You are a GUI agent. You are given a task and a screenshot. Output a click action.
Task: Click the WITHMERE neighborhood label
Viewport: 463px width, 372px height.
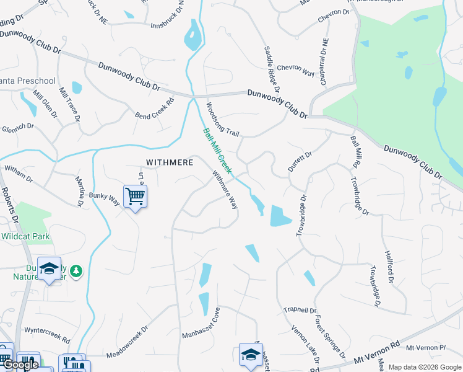(x=170, y=162)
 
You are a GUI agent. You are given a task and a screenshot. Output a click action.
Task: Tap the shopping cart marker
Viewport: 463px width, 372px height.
(x=135, y=197)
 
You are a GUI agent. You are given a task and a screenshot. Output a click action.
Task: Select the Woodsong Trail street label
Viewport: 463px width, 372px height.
(x=222, y=120)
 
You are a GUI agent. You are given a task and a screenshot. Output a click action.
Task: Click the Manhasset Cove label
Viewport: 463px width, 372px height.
(x=201, y=325)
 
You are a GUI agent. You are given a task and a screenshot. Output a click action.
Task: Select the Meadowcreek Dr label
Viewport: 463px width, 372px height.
(x=128, y=343)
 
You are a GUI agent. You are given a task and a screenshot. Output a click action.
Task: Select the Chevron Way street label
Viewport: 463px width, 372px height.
(x=296, y=69)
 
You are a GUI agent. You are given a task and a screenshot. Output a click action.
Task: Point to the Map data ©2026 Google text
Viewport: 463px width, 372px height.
(x=425, y=367)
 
